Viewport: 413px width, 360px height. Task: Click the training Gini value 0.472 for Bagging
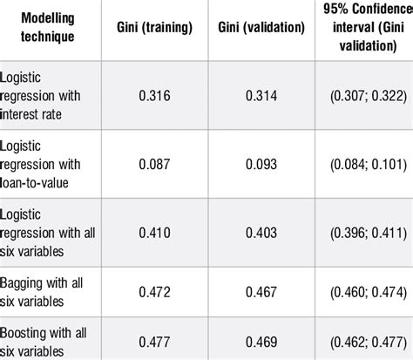coord(154,289)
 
